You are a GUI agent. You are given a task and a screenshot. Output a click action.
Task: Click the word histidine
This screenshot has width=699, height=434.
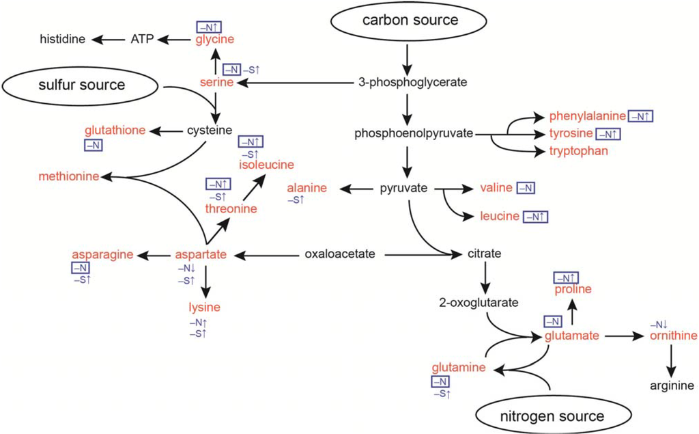(x=61, y=40)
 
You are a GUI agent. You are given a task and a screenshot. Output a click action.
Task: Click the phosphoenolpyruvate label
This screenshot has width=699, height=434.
(x=414, y=134)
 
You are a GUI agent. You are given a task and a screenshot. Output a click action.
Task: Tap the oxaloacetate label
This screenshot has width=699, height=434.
(x=340, y=255)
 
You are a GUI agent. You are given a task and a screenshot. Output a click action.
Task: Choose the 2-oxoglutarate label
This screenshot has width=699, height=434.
(x=479, y=302)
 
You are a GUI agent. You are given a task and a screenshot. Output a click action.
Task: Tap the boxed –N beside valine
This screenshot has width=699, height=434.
(x=526, y=188)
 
